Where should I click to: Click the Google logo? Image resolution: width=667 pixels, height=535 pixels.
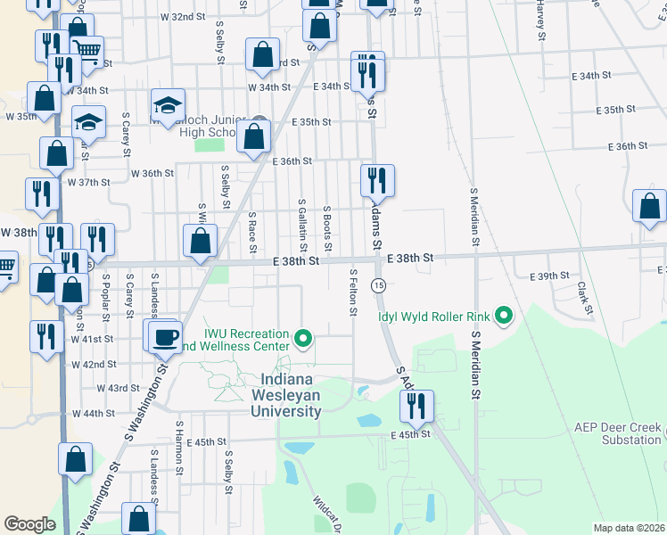point(29,524)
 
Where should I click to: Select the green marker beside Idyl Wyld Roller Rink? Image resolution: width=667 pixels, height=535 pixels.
point(505,315)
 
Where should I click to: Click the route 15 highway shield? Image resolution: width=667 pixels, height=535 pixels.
point(379,285)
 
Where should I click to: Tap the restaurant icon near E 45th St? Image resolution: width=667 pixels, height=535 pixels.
point(416,406)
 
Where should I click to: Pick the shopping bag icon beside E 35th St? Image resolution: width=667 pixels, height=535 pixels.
point(254,136)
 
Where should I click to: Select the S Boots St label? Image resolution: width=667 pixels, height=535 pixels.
point(328,228)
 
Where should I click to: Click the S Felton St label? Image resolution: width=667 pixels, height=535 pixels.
point(354,292)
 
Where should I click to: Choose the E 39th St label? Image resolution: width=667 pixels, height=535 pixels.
point(550,276)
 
